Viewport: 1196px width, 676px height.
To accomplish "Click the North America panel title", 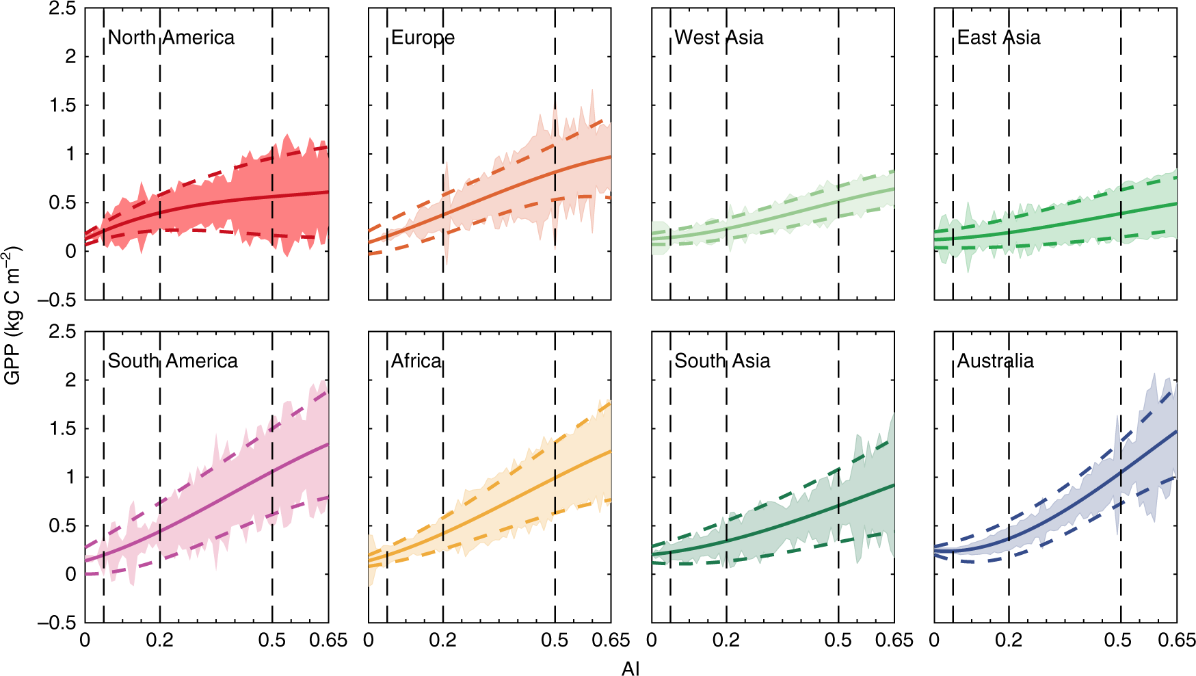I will pyautogui.click(x=171, y=37).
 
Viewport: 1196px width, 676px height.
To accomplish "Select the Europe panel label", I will pyautogui.click(x=423, y=37).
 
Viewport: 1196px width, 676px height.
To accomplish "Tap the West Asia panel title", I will pyautogui.click(x=719, y=37).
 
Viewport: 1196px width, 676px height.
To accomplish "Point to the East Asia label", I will pyautogui.click(x=998, y=37).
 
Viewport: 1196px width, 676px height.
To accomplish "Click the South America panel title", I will pyautogui.click(x=173, y=361).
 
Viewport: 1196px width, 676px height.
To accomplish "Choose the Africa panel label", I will pyautogui.click(x=416, y=361).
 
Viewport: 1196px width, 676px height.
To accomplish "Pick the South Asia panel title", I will pyautogui.click(x=722, y=361).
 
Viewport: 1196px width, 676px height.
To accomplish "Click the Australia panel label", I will pyautogui.click(x=995, y=361).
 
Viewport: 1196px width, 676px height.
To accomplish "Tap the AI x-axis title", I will pyautogui.click(x=630, y=668).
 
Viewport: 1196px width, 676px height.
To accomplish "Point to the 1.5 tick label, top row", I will pyautogui.click(x=62, y=105).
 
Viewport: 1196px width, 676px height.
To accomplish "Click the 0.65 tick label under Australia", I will pyautogui.click(x=1176, y=640).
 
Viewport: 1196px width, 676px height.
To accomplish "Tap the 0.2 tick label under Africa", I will pyautogui.click(x=442, y=640).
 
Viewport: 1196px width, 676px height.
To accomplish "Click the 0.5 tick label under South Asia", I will pyautogui.click(x=838, y=640).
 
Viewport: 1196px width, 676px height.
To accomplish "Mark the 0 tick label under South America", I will pyautogui.click(x=85, y=640).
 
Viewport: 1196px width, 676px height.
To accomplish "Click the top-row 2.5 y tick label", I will pyautogui.click(x=62, y=10).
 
